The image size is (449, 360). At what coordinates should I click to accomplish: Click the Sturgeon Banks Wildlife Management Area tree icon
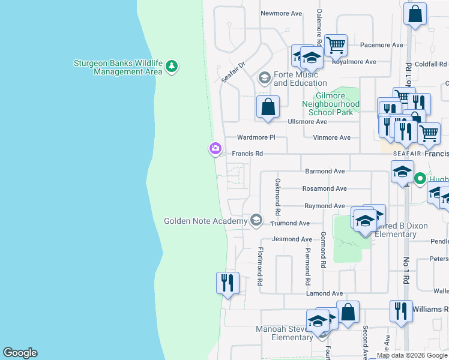pos(172,65)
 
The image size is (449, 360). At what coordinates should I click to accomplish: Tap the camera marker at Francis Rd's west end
pos(215,148)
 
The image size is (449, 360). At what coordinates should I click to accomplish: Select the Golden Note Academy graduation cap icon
pos(256,221)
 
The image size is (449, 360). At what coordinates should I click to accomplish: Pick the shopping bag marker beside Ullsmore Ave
pos(268,108)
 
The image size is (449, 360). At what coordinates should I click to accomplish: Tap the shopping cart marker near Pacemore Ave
pos(336,45)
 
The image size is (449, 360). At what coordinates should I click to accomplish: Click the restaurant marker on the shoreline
pos(228,282)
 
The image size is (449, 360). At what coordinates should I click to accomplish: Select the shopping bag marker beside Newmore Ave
pos(415,13)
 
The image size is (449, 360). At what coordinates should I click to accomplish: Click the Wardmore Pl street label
pos(256,137)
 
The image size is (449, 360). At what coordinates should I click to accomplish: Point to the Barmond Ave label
pos(325,172)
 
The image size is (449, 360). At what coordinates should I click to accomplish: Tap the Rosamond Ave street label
pos(324,188)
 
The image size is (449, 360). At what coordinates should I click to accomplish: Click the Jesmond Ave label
pos(292,239)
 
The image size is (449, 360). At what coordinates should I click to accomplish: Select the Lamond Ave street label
pos(324,293)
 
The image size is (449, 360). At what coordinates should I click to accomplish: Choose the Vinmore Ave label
pos(331,137)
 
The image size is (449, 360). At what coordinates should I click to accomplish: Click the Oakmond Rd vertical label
pos(278,197)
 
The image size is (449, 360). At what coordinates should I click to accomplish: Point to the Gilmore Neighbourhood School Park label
pos(334,104)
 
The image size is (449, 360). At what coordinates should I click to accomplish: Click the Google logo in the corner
pos(20,353)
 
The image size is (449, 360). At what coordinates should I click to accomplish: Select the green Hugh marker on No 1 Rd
pos(420,178)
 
